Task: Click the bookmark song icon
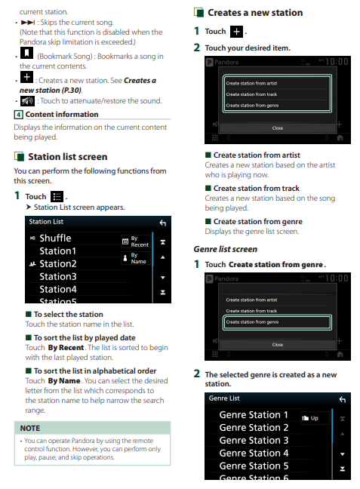27,53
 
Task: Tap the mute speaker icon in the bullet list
27,100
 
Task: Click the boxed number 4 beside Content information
18,115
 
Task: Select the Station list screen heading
68,156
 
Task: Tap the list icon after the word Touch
57,197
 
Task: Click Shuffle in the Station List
55,238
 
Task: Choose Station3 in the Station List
58,277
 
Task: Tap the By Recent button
136,241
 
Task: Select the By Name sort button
136,258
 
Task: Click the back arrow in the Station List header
163,223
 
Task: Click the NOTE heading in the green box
30,428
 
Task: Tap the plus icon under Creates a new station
236,32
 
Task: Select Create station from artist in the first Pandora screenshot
251,83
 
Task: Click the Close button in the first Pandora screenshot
277,128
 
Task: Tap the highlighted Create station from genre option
277,322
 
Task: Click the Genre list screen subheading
225,249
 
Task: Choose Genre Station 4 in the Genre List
254,453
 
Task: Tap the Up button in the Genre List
315,418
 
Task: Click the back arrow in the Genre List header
343,399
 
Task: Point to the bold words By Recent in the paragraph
66,347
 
